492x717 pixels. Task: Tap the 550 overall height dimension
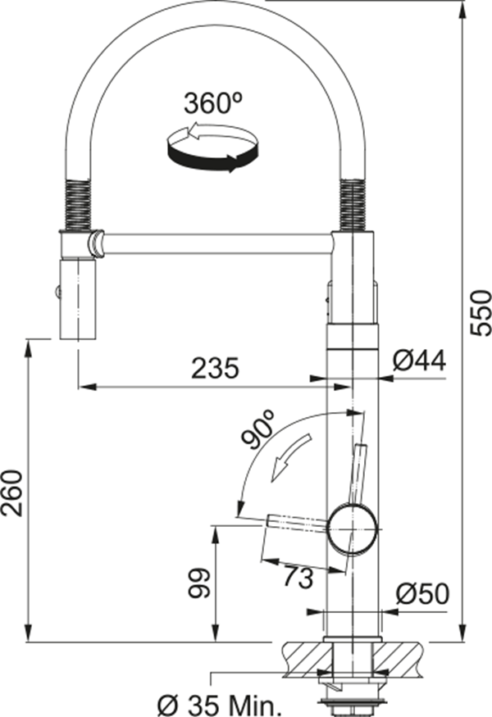pos(481,312)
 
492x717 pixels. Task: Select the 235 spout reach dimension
pos(215,368)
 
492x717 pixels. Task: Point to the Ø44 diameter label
pos(419,361)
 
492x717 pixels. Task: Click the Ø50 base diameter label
pos(422,594)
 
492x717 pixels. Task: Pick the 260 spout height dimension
pos(12,493)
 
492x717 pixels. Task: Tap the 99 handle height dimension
pos(199,583)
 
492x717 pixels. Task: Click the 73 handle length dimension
pos(298,577)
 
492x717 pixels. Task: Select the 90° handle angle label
pos(259,429)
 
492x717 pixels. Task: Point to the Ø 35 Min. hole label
pos(219,706)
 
